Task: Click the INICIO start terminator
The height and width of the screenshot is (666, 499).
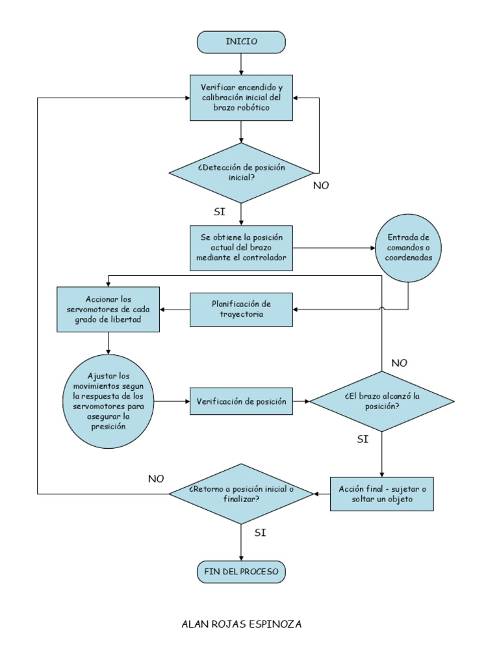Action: coord(241,42)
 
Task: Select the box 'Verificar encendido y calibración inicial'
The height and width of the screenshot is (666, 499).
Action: coord(241,98)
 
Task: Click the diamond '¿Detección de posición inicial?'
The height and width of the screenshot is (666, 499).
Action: coord(241,172)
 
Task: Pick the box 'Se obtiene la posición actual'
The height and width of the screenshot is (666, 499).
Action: coord(241,248)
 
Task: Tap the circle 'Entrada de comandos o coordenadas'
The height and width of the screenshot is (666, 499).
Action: coord(409,248)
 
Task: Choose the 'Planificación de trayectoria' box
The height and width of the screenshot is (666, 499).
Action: coord(241,310)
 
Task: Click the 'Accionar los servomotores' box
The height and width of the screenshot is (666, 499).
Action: coord(108,310)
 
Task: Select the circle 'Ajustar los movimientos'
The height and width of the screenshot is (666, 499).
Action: coord(108,401)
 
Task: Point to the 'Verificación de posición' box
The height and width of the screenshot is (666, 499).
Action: coord(241,401)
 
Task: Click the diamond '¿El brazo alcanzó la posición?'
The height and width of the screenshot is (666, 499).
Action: coord(381,401)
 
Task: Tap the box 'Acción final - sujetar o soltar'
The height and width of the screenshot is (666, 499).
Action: coord(381,494)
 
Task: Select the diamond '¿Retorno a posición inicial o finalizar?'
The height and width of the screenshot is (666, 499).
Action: coord(241,494)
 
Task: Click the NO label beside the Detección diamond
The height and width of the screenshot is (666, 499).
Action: coord(321,185)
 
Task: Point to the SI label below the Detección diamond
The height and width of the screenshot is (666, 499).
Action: coord(220,212)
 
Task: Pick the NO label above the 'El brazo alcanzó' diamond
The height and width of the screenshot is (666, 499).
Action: coord(399,363)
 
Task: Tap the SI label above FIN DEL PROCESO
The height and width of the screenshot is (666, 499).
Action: coord(260,532)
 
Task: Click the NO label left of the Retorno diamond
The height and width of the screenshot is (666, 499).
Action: coord(156,479)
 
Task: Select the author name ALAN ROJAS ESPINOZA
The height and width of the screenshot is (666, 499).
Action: coord(241,624)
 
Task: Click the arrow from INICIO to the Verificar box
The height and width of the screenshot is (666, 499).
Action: coord(241,64)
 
